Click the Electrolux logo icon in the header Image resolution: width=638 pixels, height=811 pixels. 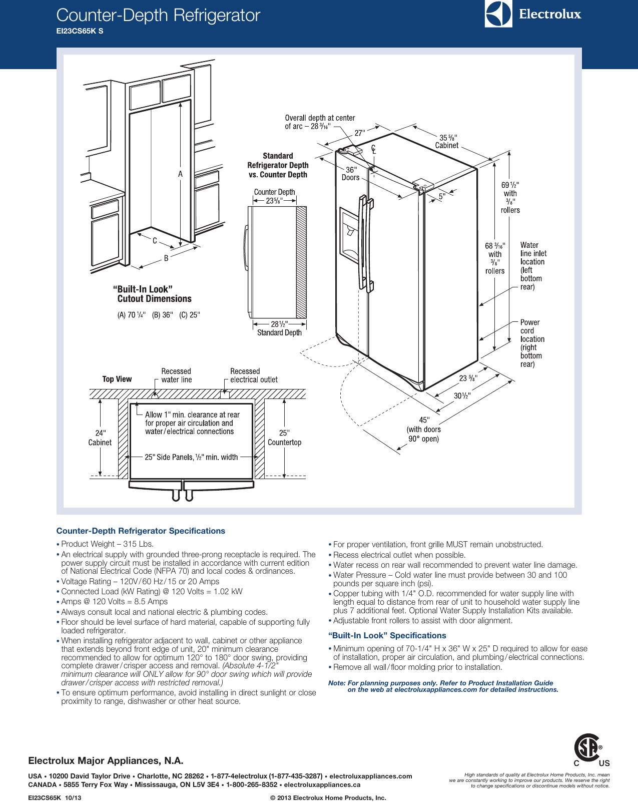498,14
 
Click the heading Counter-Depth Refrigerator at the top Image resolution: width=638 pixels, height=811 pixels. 158,15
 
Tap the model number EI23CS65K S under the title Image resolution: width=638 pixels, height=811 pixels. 80,31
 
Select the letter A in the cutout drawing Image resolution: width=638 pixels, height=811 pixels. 181,174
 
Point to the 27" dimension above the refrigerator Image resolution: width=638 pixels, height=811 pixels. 360,133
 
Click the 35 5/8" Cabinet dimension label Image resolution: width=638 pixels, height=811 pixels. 447,141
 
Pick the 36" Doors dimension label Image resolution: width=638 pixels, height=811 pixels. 351,174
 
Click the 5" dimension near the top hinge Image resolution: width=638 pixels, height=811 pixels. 442,196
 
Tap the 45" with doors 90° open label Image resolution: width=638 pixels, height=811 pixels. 423,430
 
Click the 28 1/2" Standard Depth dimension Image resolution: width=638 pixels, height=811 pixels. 279,328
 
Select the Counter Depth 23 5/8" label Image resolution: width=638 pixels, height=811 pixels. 274,196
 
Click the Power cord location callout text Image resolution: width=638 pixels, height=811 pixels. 531,343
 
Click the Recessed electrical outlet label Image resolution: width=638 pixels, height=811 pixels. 253,375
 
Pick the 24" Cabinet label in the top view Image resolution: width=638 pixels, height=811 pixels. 100,438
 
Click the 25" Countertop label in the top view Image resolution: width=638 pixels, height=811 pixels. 284,438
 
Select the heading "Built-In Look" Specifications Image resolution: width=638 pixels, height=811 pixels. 387,635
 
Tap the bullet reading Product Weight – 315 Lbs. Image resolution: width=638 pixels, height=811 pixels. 107,544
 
